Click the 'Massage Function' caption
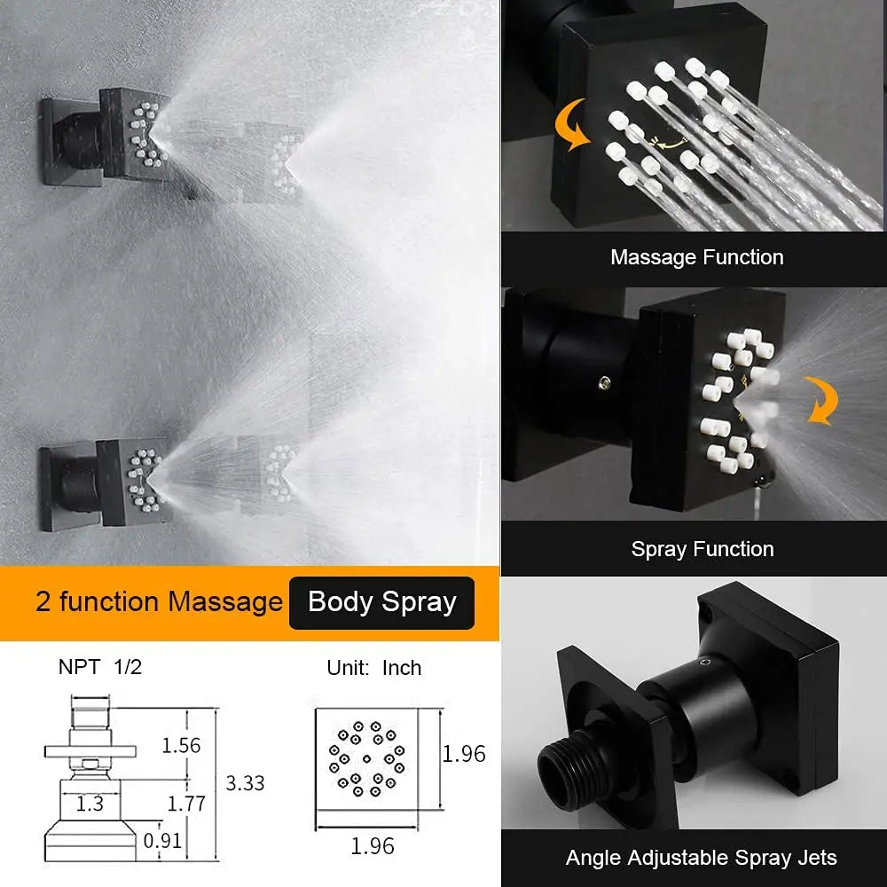(696, 258)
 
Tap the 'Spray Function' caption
(702, 549)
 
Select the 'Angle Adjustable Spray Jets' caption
(701, 858)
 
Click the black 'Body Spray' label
(381, 602)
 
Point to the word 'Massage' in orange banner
(225, 602)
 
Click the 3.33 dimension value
(246, 783)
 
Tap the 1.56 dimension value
(181, 745)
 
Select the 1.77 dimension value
(186, 804)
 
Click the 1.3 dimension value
(90, 804)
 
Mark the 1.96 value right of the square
(464, 754)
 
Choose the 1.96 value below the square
(373, 846)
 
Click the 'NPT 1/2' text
(99, 668)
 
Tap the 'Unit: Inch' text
(373, 668)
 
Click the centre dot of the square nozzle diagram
(366, 758)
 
